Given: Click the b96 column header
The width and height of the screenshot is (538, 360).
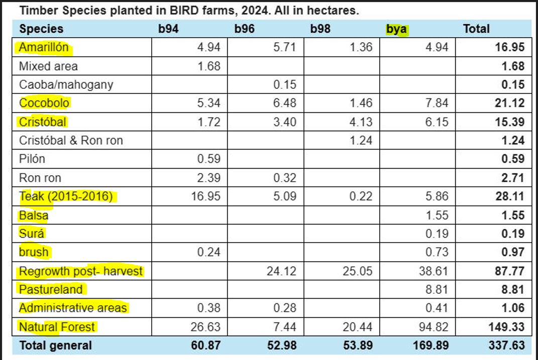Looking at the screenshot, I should tap(244, 29).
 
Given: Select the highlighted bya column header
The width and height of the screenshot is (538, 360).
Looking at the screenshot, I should tap(396, 29).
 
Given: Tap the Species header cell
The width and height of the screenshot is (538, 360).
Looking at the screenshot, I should tap(41, 29).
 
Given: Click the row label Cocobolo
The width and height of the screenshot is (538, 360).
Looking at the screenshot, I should tap(44, 103).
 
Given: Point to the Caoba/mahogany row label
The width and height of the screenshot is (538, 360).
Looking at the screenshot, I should tap(66, 84).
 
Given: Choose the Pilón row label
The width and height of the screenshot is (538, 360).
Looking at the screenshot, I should tap(32, 159).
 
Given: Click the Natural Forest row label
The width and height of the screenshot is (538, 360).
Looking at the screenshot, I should tap(57, 327).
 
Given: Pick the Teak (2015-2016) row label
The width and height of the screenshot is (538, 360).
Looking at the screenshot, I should tap(66, 196).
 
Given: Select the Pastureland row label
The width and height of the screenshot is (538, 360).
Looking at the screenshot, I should tap(50, 290).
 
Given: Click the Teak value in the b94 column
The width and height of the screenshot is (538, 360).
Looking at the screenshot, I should tap(206, 196).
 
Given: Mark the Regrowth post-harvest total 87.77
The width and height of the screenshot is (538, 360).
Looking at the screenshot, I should tap(510, 271).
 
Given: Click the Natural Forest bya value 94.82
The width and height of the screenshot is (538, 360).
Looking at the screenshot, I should tap(434, 327).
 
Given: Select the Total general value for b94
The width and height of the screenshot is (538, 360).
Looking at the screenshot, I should tap(206, 345).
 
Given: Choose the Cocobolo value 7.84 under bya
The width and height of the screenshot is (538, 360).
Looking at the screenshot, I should tap(437, 103).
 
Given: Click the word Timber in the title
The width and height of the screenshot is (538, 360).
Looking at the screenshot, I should tap(36, 11).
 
